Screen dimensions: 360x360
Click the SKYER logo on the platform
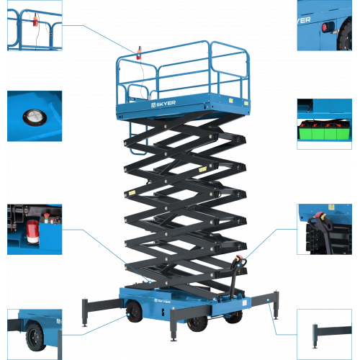coord(163,104)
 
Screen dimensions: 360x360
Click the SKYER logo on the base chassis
coord(162,301)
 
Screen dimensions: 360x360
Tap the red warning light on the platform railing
coord(139,53)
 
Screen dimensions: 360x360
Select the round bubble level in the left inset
coord(35,117)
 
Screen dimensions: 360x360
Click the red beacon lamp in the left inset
coord(32,231)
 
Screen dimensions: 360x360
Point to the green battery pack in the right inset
coord(324,130)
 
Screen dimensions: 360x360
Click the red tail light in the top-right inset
coord(325,27)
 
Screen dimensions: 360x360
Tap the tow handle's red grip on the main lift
coord(239,258)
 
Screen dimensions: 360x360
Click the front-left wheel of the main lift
coord(134,312)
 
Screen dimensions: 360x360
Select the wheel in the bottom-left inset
coord(35,337)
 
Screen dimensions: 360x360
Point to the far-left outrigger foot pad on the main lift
coord(85,325)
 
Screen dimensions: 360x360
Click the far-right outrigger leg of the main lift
coord(276,305)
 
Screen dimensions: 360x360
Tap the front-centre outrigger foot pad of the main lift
coord(173,339)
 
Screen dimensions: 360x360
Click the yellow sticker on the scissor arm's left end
coord(132,192)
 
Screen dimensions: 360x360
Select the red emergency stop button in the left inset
coord(47,215)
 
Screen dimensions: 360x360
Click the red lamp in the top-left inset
coord(35,21)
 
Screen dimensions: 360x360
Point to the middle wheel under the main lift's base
coord(197,324)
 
